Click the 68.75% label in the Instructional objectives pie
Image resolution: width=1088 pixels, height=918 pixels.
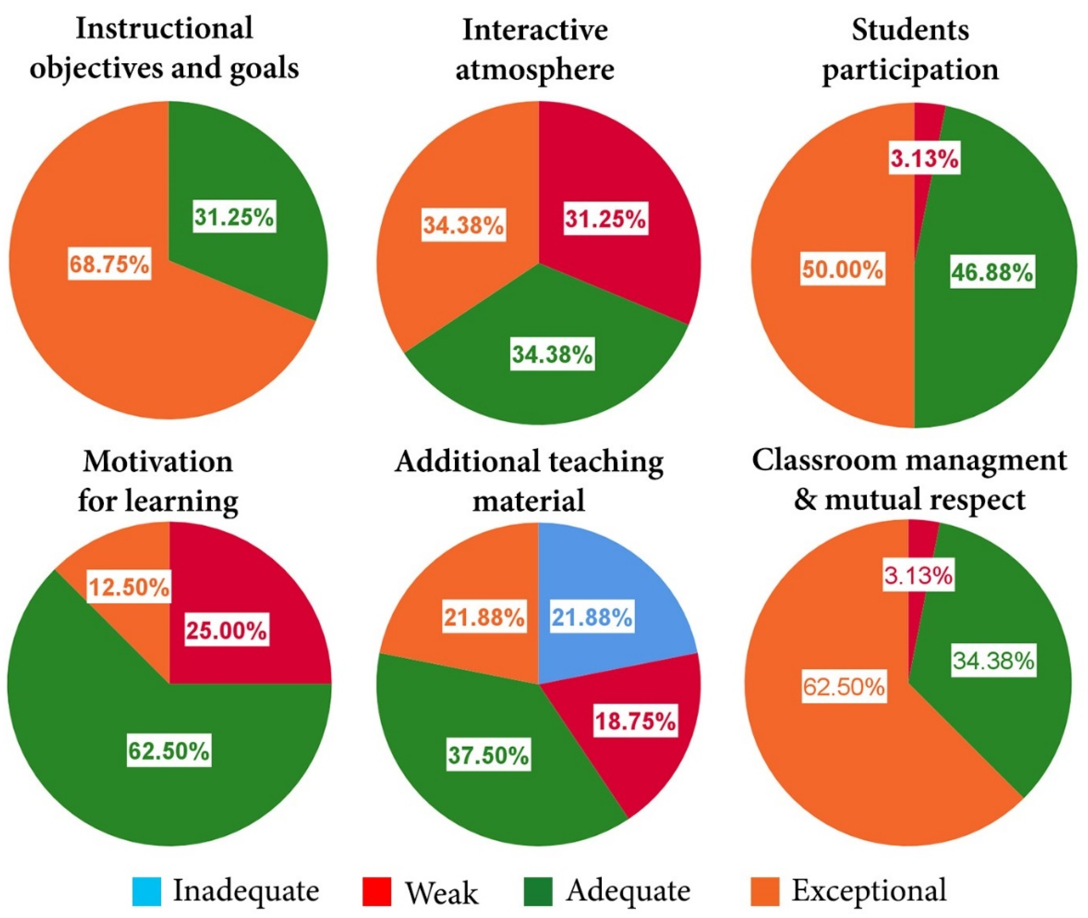(x=110, y=264)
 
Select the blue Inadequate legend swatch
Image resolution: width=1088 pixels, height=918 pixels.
(x=147, y=891)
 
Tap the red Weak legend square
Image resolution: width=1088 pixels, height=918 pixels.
(x=376, y=891)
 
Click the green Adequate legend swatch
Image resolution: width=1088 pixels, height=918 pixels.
(x=538, y=891)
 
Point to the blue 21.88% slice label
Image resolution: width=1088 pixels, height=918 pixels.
(x=592, y=618)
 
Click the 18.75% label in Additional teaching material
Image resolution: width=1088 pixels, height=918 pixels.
(x=635, y=721)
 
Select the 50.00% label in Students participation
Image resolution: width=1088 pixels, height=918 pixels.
(x=842, y=269)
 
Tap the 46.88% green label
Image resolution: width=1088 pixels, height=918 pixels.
(x=992, y=272)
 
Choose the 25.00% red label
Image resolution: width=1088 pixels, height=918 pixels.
(x=227, y=631)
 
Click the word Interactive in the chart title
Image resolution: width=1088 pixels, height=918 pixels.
(x=535, y=30)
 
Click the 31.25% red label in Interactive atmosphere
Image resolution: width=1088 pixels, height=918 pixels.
(x=606, y=219)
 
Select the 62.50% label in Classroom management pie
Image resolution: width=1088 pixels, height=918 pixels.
(x=843, y=686)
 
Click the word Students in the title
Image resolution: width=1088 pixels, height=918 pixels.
(x=910, y=30)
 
